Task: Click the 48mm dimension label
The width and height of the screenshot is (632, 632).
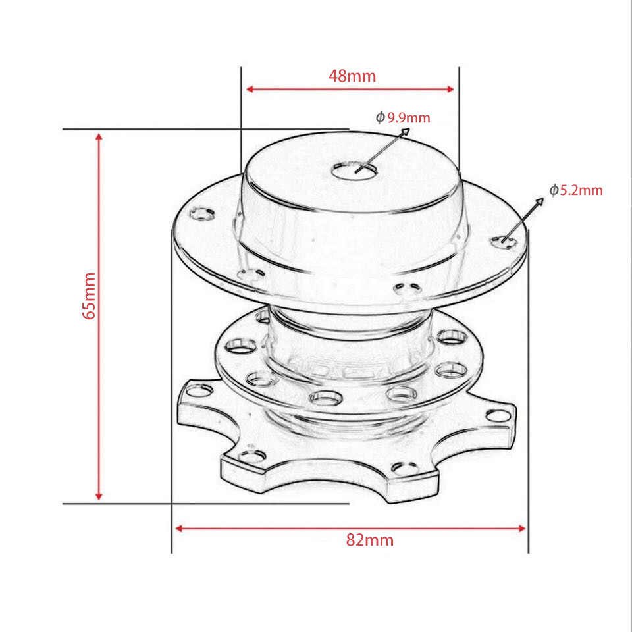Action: (x=352, y=76)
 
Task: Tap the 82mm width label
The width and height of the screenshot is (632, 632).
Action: (x=369, y=540)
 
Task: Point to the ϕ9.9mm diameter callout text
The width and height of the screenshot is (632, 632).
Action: (x=403, y=118)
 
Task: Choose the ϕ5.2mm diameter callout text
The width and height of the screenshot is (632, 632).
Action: (x=577, y=190)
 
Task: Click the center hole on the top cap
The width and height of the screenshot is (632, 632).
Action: (x=355, y=170)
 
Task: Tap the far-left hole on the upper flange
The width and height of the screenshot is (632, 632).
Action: (x=202, y=213)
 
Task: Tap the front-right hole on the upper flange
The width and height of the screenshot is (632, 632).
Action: (x=405, y=288)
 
